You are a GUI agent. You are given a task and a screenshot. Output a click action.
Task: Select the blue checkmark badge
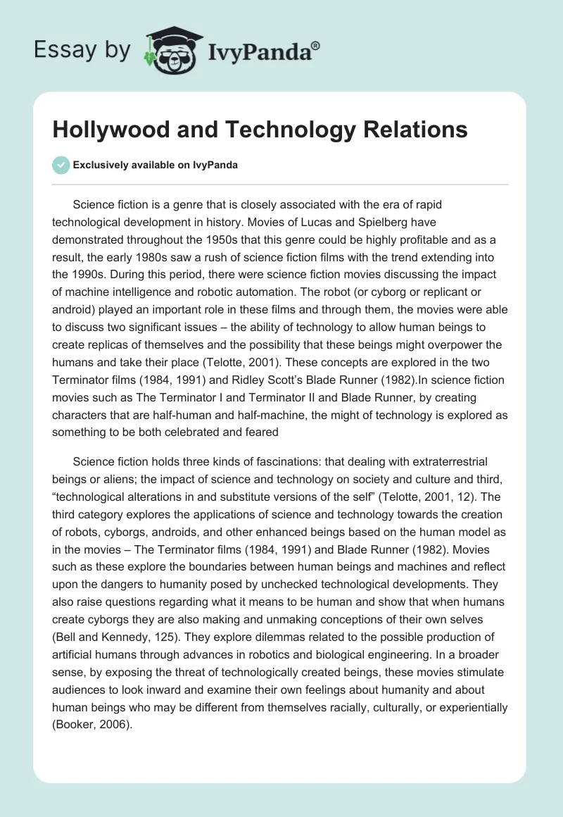61,165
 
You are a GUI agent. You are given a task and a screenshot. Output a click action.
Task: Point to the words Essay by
82,50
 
